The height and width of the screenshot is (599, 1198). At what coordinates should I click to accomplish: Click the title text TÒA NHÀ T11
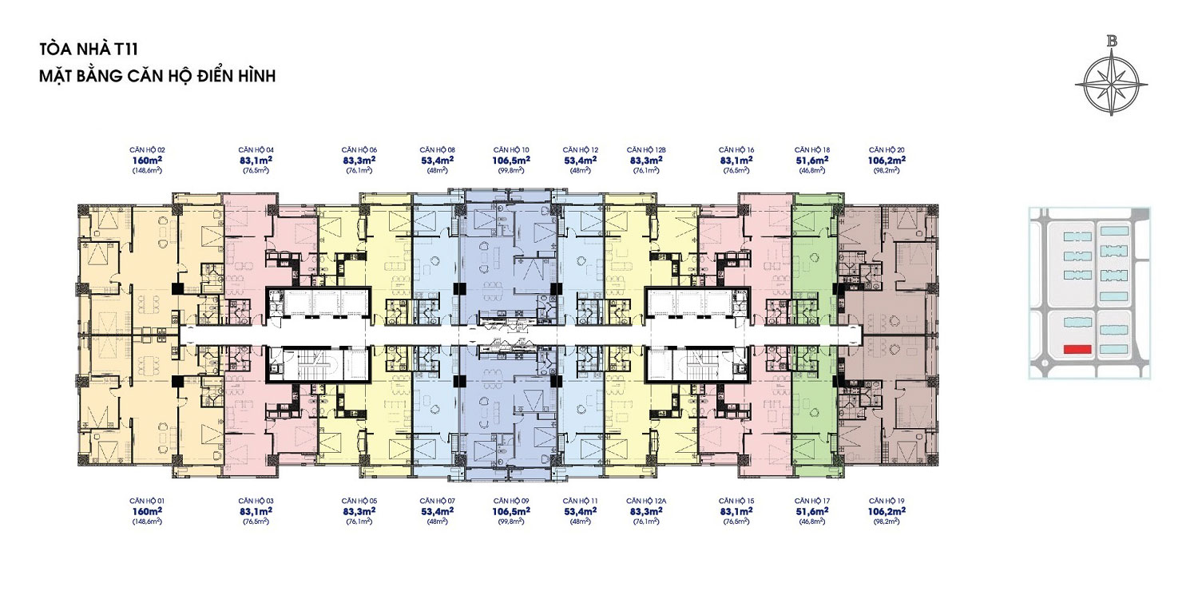click(x=89, y=50)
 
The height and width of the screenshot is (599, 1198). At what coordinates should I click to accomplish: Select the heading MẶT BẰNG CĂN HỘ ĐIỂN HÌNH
click(x=157, y=76)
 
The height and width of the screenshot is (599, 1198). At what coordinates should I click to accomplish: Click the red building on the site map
click(x=1077, y=349)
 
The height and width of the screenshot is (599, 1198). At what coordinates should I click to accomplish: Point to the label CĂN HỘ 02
click(x=147, y=150)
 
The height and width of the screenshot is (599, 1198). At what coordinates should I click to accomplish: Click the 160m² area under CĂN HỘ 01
click(x=147, y=511)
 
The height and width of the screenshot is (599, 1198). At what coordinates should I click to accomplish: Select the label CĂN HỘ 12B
click(x=646, y=150)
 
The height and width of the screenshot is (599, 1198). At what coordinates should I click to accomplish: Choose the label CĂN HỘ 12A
click(x=646, y=501)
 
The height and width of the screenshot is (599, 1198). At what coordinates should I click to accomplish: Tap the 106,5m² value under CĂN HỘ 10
click(x=511, y=160)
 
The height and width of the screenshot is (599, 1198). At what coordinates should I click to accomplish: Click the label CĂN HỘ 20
click(x=887, y=150)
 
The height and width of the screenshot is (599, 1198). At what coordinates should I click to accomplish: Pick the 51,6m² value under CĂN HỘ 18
click(x=812, y=160)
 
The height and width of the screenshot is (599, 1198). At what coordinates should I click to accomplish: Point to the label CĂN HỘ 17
click(x=812, y=501)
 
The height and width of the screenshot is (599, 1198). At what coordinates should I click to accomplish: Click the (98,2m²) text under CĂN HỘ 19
click(x=887, y=522)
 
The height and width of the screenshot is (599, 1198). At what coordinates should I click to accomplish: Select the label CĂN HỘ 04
click(x=256, y=150)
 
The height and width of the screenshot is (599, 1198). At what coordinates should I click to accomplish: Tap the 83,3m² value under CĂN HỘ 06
click(x=359, y=160)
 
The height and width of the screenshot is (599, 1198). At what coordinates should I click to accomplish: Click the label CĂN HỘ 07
click(x=438, y=501)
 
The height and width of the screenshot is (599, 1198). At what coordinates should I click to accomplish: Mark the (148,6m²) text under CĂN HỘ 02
click(x=147, y=171)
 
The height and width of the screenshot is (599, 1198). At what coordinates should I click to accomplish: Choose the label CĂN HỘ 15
click(x=736, y=501)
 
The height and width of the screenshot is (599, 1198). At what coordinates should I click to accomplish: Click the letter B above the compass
click(x=1112, y=42)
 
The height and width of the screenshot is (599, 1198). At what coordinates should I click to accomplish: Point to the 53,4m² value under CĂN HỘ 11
click(x=581, y=511)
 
